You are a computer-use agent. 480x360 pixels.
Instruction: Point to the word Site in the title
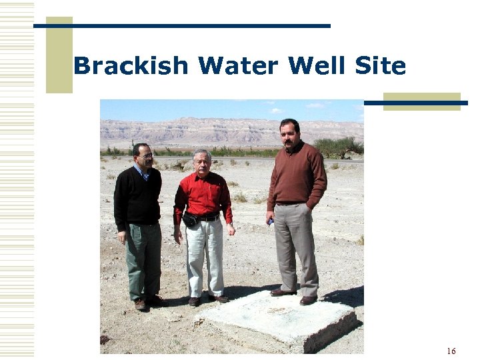point(381,66)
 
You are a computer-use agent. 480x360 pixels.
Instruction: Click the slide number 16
point(451,351)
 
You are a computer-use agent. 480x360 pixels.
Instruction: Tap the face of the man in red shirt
point(201,162)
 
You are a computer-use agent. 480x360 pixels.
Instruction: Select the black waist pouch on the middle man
point(191,219)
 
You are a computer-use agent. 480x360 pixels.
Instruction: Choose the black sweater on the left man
point(137,197)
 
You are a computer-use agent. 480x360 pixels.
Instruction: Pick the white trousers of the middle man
point(205,257)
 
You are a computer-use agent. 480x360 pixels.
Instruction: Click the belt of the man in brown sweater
point(291,203)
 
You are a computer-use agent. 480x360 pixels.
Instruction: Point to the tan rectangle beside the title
point(59,55)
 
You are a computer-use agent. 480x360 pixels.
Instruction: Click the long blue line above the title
point(181,26)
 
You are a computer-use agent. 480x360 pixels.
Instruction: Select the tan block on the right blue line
point(422,101)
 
